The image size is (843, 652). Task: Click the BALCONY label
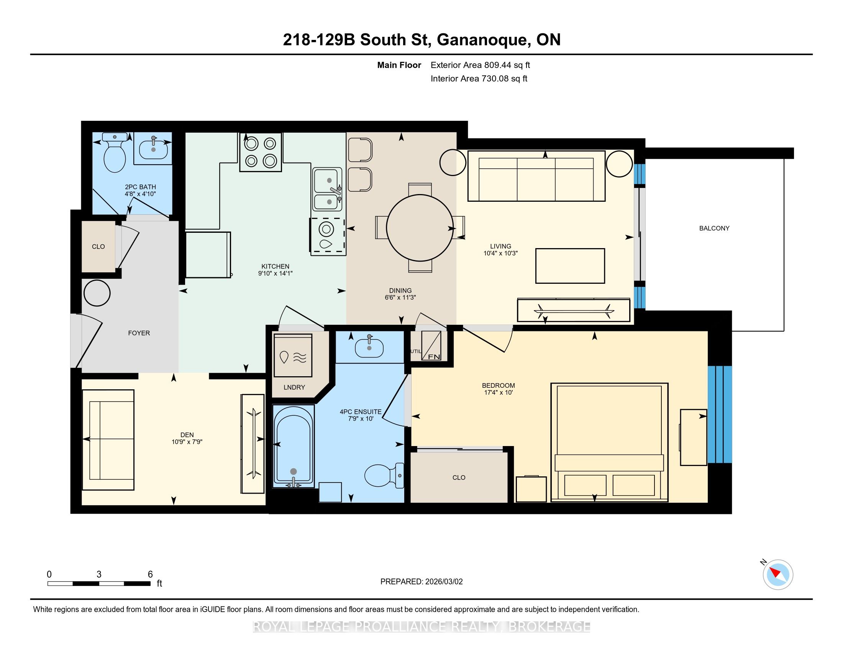(x=714, y=228)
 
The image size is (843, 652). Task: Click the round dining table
(x=420, y=228)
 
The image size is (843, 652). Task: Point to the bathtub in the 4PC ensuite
(x=294, y=446)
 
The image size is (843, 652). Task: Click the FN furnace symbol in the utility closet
(x=431, y=345)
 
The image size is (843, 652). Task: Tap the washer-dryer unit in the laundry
(x=293, y=356)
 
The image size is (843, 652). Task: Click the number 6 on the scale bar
(x=150, y=574)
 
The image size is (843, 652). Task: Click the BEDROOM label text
(x=498, y=385)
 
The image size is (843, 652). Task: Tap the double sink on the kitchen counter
(x=327, y=189)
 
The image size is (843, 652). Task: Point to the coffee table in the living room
(x=570, y=266)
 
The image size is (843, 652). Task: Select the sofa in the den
(x=108, y=440)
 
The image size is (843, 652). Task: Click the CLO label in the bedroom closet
(x=459, y=478)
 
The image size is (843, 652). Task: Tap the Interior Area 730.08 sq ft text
(x=479, y=79)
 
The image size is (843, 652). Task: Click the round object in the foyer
(x=97, y=293)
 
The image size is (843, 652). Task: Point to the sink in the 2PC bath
(x=153, y=149)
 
